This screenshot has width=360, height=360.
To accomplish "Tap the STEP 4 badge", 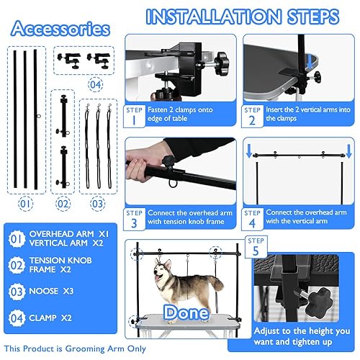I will point(253,219).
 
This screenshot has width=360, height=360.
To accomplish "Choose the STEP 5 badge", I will point(260,246).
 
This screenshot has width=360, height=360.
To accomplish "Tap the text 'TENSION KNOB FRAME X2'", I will point(66,268).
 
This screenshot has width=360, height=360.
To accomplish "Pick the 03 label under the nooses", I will point(98,204).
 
